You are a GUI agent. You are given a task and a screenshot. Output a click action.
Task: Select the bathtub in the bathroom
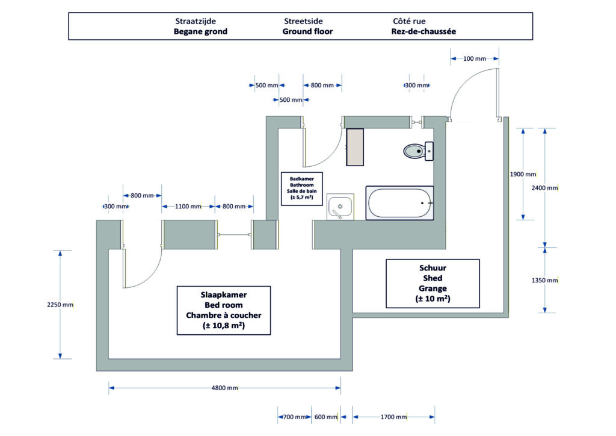pos(400,204)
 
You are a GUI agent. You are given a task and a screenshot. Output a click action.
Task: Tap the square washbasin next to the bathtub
pos(340,207)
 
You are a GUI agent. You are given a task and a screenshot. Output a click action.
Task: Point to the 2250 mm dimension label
pos(60,305)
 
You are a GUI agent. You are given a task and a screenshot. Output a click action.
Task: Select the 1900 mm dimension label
pos(522,175)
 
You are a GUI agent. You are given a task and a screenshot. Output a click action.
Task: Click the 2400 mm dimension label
pos(544,188)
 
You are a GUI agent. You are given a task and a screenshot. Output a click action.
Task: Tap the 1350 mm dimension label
pos(544,281)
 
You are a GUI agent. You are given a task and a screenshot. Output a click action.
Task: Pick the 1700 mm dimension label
pos(393,417)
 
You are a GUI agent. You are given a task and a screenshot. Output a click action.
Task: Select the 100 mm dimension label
pos(475,58)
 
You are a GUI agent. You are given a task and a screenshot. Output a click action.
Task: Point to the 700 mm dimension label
pos(294,417)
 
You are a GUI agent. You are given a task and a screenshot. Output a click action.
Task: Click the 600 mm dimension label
pos(326,417)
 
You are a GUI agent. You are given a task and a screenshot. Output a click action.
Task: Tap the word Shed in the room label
pos(433,278)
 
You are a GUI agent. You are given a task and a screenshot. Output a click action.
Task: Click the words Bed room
pos(223,305)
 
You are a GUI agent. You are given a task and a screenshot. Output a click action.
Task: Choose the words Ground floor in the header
pos(307,31)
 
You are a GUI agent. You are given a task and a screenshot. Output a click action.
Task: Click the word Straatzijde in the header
pos(196,21)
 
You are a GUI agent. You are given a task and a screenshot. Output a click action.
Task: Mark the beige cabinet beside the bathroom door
pos(355,147)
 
